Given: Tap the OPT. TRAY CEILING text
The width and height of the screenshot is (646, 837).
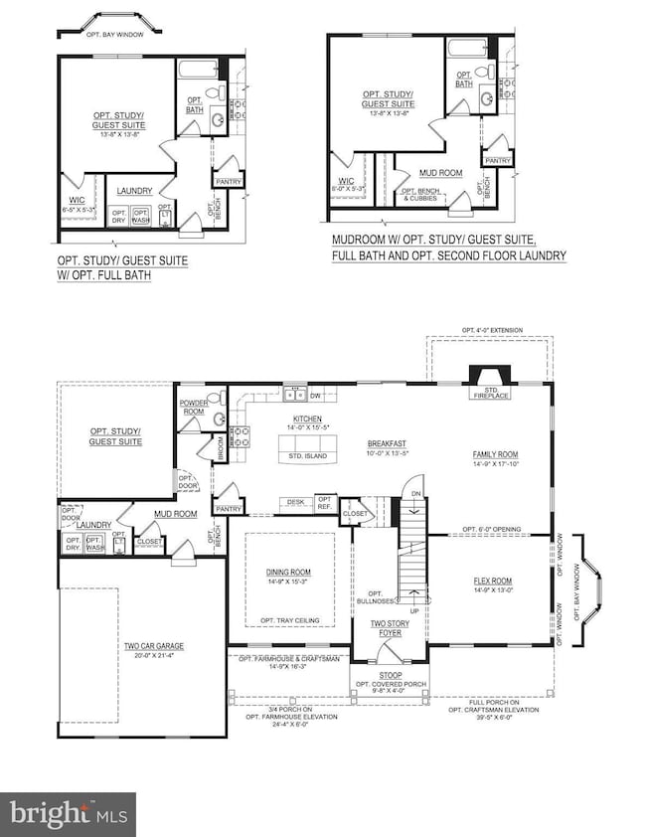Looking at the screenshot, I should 288,621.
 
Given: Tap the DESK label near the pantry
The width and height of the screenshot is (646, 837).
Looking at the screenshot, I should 296,502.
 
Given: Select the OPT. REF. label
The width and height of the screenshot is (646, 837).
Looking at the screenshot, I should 324,503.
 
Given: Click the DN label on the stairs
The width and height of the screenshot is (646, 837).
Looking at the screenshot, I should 416,491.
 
